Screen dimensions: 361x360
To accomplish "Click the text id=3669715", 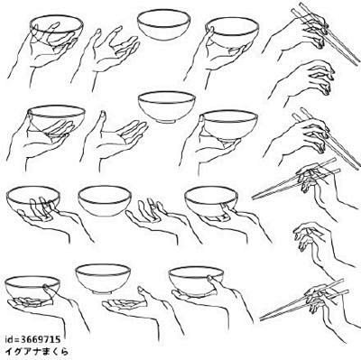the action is (x=32, y=340).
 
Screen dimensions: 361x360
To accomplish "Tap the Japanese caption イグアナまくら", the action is (x=37, y=351).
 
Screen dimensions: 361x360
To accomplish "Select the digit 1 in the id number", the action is (x=51, y=340).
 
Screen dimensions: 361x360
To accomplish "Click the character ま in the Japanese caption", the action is (x=44, y=351).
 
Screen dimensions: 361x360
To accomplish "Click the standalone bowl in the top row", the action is (x=163, y=25).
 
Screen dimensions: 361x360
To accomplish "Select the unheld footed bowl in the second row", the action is (x=167, y=106).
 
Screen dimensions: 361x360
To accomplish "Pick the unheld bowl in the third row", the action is (x=105, y=200).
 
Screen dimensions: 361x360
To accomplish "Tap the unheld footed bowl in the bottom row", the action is (x=103, y=279).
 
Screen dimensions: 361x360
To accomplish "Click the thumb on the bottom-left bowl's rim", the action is (x=49, y=290).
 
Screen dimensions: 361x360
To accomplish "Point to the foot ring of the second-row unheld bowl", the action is (x=166, y=121).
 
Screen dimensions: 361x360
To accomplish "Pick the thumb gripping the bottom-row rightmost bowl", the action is (x=214, y=282).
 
